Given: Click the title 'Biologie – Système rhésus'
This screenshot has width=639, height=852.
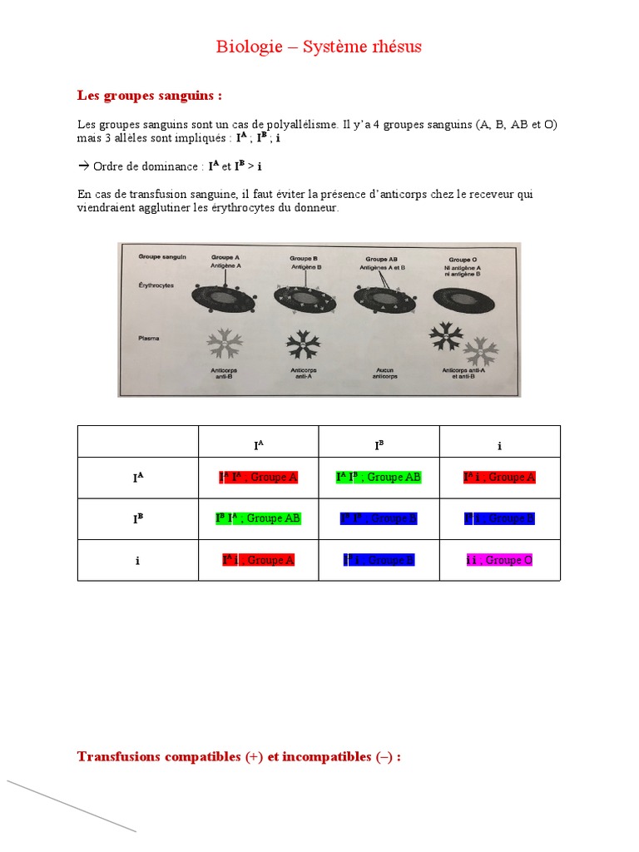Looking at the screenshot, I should (x=319, y=47).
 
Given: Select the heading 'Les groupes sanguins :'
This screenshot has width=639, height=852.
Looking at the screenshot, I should (x=150, y=96).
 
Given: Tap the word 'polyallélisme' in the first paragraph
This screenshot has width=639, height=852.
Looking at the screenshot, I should (x=297, y=125).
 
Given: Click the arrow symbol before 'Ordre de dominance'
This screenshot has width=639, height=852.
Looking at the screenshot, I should (x=83, y=166).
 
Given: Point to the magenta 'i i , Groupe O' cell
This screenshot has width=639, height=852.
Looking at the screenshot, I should (x=499, y=560).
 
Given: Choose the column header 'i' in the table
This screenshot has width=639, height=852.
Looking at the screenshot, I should (x=499, y=446).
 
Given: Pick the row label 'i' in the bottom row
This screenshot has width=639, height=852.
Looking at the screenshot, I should (x=137, y=561).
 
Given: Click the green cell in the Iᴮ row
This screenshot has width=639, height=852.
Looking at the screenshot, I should (x=258, y=518).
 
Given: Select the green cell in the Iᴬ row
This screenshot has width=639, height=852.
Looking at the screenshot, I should (x=379, y=478).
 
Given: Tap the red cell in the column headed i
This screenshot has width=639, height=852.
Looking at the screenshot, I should (x=499, y=478).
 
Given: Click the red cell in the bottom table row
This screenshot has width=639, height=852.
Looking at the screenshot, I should (x=258, y=560).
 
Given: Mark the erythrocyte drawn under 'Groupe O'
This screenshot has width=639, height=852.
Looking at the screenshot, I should (x=461, y=297).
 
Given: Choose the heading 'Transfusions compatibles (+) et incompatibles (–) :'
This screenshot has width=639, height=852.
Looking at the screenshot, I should (x=239, y=756).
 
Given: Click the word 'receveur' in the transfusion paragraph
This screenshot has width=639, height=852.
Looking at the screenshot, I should (x=477, y=194).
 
